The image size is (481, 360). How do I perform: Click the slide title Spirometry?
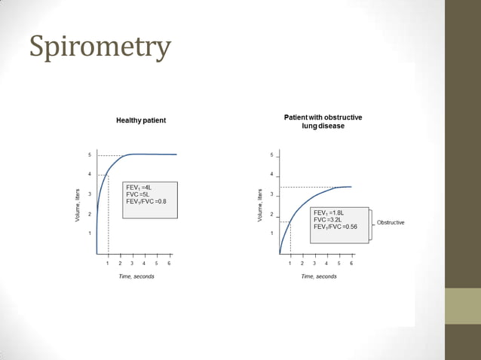click(x=100, y=47)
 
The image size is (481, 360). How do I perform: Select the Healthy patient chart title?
click(x=141, y=120)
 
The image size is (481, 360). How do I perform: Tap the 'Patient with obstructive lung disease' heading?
click(x=323, y=121)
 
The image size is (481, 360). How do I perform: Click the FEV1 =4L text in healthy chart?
click(x=139, y=188)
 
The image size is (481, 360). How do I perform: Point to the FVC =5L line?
click(x=137, y=194)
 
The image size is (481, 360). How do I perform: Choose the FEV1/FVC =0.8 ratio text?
click(x=146, y=202)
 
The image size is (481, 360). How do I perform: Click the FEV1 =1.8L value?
click(x=329, y=213)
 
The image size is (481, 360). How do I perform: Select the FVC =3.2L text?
click(x=328, y=220)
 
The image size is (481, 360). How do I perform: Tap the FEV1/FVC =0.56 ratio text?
click(x=335, y=227)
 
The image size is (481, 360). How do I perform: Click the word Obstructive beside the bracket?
click(x=391, y=223)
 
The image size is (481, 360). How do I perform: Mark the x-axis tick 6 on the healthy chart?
click(x=169, y=264)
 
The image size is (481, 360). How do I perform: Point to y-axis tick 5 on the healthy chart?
click(x=90, y=155)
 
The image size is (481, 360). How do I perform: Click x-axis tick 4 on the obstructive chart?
click(x=326, y=264)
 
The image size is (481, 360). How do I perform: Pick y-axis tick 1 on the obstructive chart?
click(x=272, y=233)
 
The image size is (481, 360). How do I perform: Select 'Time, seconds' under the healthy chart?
click(x=136, y=276)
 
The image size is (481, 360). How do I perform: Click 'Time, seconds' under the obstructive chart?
click(x=319, y=276)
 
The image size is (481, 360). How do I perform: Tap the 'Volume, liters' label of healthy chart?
click(x=78, y=204)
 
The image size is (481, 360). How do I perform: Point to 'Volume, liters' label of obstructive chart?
click(x=260, y=204)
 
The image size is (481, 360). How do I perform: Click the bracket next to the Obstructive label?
click(x=371, y=224)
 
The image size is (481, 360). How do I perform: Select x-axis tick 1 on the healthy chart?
click(x=108, y=264)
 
